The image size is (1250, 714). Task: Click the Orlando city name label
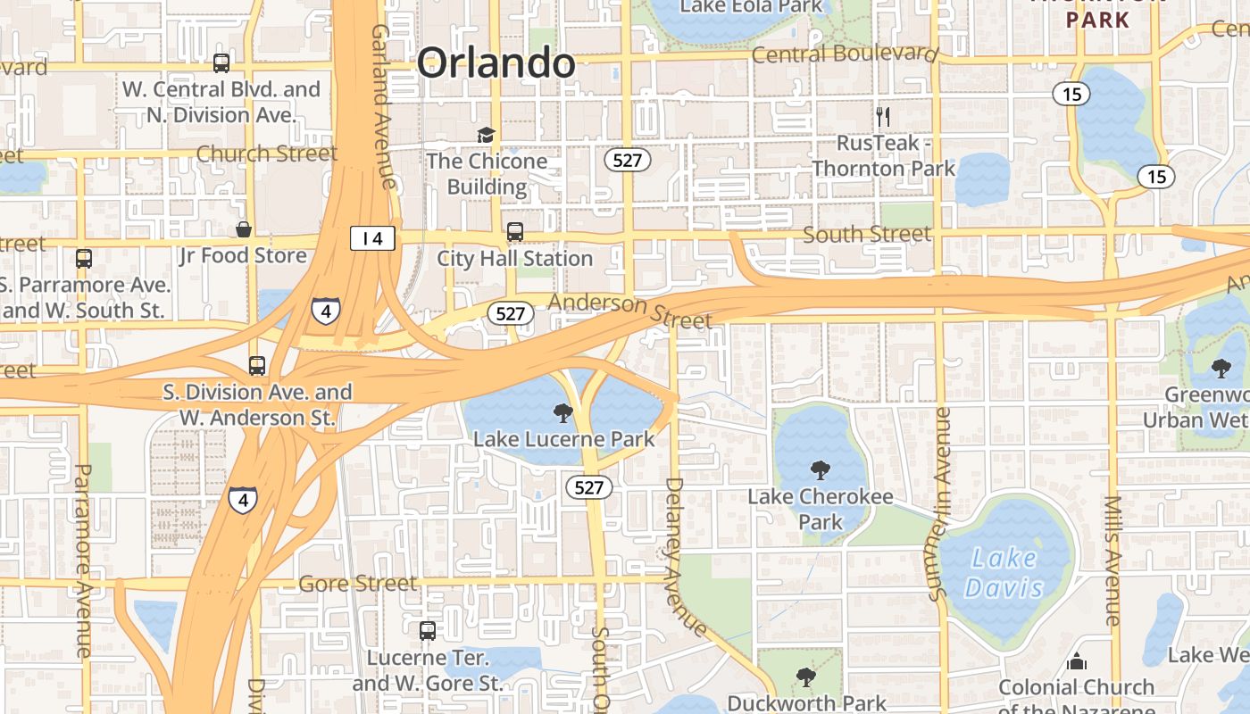pyautogui.click(x=496, y=62)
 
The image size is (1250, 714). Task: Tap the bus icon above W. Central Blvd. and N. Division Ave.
pyautogui.click(x=221, y=63)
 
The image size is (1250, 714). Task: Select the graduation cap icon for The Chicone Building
pyautogui.click(x=486, y=135)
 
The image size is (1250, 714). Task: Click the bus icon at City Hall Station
pyautogui.click(x=515, y=232)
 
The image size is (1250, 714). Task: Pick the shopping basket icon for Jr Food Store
pyautogui.click(x=243, y=229)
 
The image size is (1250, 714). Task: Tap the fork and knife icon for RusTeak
pyautogui.click(x=884, y=116)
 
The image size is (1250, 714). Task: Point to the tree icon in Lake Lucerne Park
pyautogui.click(x=563, y=412)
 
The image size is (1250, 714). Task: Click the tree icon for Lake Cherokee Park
pyautogui.click(x=820, y=470)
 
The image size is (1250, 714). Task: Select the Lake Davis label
pyautogui.click(x=1004, y=573)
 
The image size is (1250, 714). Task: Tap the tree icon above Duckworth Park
pyautogui.click(x=806, y=677)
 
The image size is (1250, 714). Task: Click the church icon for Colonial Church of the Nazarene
pyautogui.click(x=1077, y=661)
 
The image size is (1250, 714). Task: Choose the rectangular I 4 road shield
pyautogui.click(x=372, y=238)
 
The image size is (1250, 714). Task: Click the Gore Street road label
pyautogui.click(x=357, y=584)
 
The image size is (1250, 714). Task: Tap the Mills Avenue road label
pyautogui.click(x=1112, y=560)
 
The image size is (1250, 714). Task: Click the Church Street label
pyautogui.click(x=266, y=154)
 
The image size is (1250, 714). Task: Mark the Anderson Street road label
pyautogui.click(x=630, y=311)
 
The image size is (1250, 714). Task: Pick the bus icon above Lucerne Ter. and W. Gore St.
pyautogui.click(x=428, y=631)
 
